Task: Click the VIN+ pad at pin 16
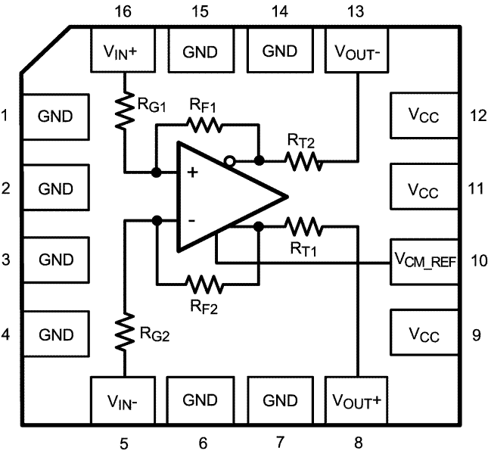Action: point(123,51)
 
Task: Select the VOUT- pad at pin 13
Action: point(356,51)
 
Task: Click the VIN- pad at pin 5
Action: point(123,400)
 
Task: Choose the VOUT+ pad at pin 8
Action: point(356,400)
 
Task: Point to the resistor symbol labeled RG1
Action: point(123,111)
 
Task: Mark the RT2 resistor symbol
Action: point(303,160)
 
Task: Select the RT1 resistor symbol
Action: point(303,225)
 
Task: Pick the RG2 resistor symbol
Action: point(123,333)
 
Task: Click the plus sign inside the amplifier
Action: point(193,173)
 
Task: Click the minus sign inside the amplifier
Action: point(193,220)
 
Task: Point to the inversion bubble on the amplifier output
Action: point(228,160)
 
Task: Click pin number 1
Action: point(7,116)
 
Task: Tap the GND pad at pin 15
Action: point(200,51)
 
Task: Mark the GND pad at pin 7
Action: point(279,400)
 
